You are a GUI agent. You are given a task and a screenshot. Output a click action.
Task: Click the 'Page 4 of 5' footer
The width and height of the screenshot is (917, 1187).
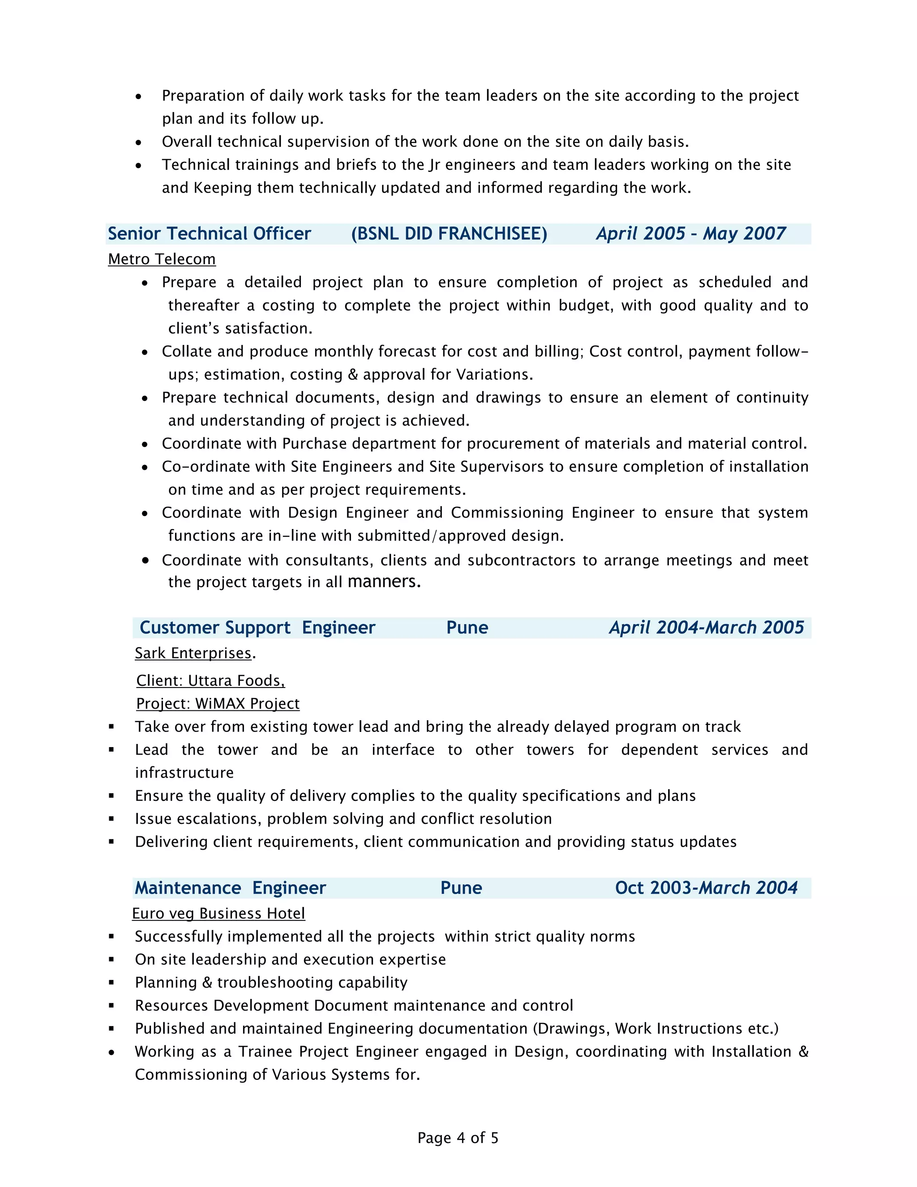pyautogui.click(x=458, y=1138)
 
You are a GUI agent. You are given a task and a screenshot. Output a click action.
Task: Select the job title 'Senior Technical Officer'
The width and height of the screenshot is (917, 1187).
pyautogui.click(x=209, y=234)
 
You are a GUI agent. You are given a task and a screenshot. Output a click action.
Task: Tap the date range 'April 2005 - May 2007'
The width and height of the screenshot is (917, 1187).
pyautogui.click(x=690, y=234)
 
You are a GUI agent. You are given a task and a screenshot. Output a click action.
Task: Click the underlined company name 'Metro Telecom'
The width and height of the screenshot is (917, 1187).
pyautogui.click(x=162, y=259)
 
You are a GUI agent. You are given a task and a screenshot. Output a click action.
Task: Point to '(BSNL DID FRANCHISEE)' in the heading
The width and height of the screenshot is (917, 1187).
pyautogui.click(x=449, y=234)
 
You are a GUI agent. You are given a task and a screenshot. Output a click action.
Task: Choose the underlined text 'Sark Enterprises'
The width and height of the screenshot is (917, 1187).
pyautogui.click(x=193, y=653)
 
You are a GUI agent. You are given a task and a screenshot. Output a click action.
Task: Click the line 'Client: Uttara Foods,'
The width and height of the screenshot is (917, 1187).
pyautogui.click(x=210, y=680)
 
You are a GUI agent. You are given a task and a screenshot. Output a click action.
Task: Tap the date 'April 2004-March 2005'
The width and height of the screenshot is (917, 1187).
pyautogui.click(x=706, y=628)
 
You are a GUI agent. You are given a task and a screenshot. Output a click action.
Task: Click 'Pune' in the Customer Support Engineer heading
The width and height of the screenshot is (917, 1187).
pyautogui.click(x=467, y=628)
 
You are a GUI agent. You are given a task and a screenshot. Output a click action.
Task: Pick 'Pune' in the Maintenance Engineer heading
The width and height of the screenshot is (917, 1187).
pyautogui.click(x=461, y=888)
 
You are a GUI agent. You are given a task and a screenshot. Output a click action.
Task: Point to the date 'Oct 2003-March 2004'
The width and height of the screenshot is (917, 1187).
pyautogui.click(x=706, y=888)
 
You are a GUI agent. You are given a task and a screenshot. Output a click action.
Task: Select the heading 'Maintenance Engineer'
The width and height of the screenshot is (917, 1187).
pyautogui.click(x=230, y=888)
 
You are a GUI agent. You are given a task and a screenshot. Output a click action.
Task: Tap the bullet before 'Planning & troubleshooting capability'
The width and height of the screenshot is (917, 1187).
pyautogui.click(x=111, y=983)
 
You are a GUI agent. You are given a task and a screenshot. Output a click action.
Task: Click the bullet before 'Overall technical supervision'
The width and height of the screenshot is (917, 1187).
pyautogui.click(x=138, y=142)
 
